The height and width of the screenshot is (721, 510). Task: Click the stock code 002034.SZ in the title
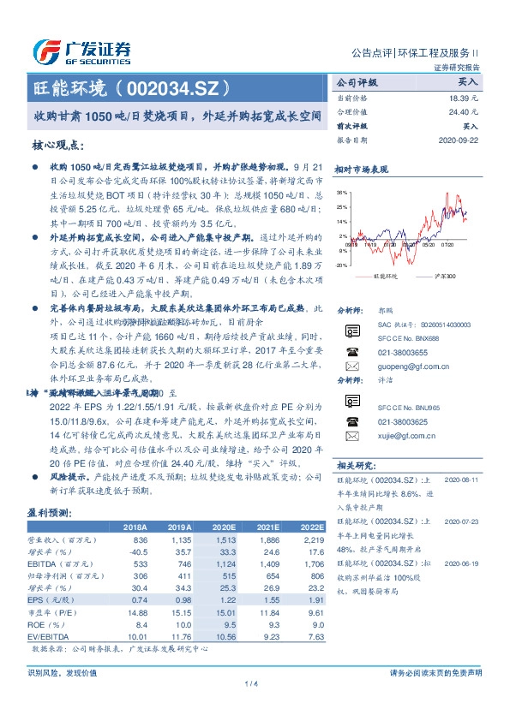coord(176,88)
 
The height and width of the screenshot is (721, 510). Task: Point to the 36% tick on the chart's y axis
coord(342,193)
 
